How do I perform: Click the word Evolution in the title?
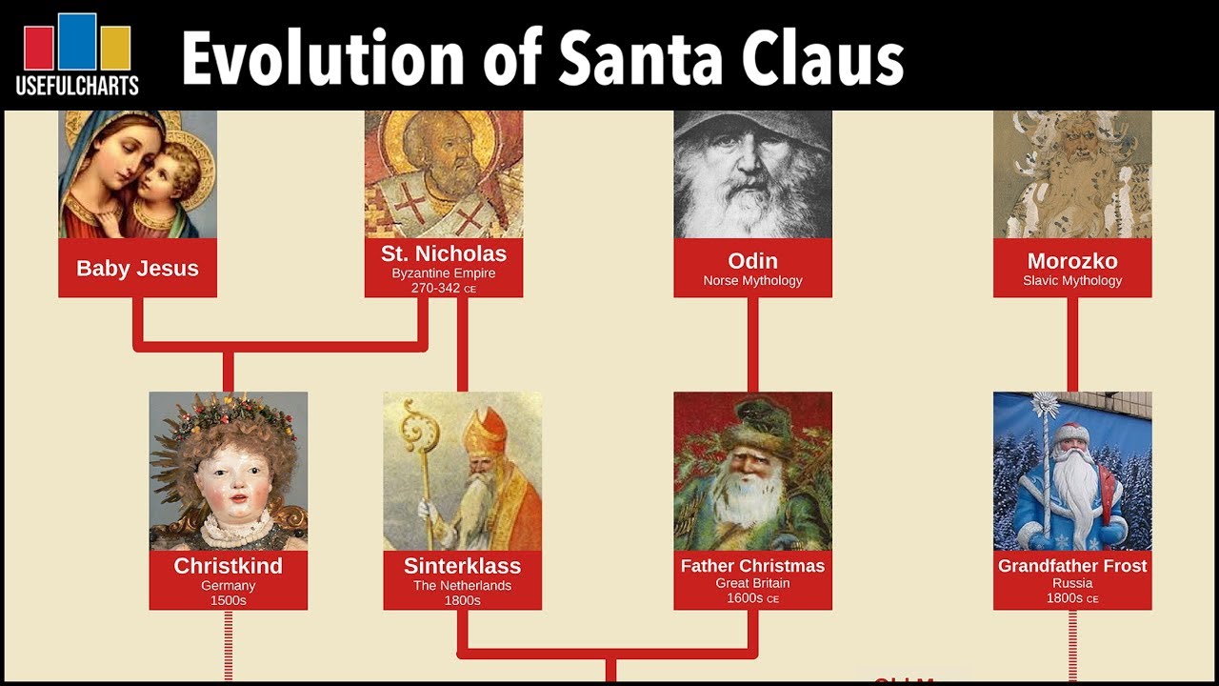pyautogui.click(x=322, y=58)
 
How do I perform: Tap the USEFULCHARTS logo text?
pyautogui.click(x=77, y=86)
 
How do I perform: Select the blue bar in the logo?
pyautogui.click(x=77, y=41)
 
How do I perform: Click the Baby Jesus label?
pyautogui.click(x=137, y=269)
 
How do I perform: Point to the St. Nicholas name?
pyautogui.click(x=444, y=253)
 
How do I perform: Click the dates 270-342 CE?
pyautogui.click(x=444, y=288)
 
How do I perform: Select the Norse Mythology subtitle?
pyautogui.click(x=752, y=280)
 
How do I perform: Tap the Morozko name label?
pyautogui.click(x=1072, y=261)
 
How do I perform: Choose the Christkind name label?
pyautogui.click(x=228, y=566)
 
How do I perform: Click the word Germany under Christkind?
pyautogui.click(x=228, y=586)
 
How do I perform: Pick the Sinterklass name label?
pyautogui.click(x=462, y=566)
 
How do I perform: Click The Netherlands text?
pyautogui.click(x=462, y=586)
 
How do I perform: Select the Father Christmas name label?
pyautogui.click(x=752, y=566)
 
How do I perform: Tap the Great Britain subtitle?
pyautogui.click(x=752, y=583)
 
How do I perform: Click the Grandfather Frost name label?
pyautogui.click(x=1072, y=566)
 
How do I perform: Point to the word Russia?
pyautogui.click(x=1072, y=583)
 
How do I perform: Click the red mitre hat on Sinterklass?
pyautogui.click(x=485, y=433)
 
